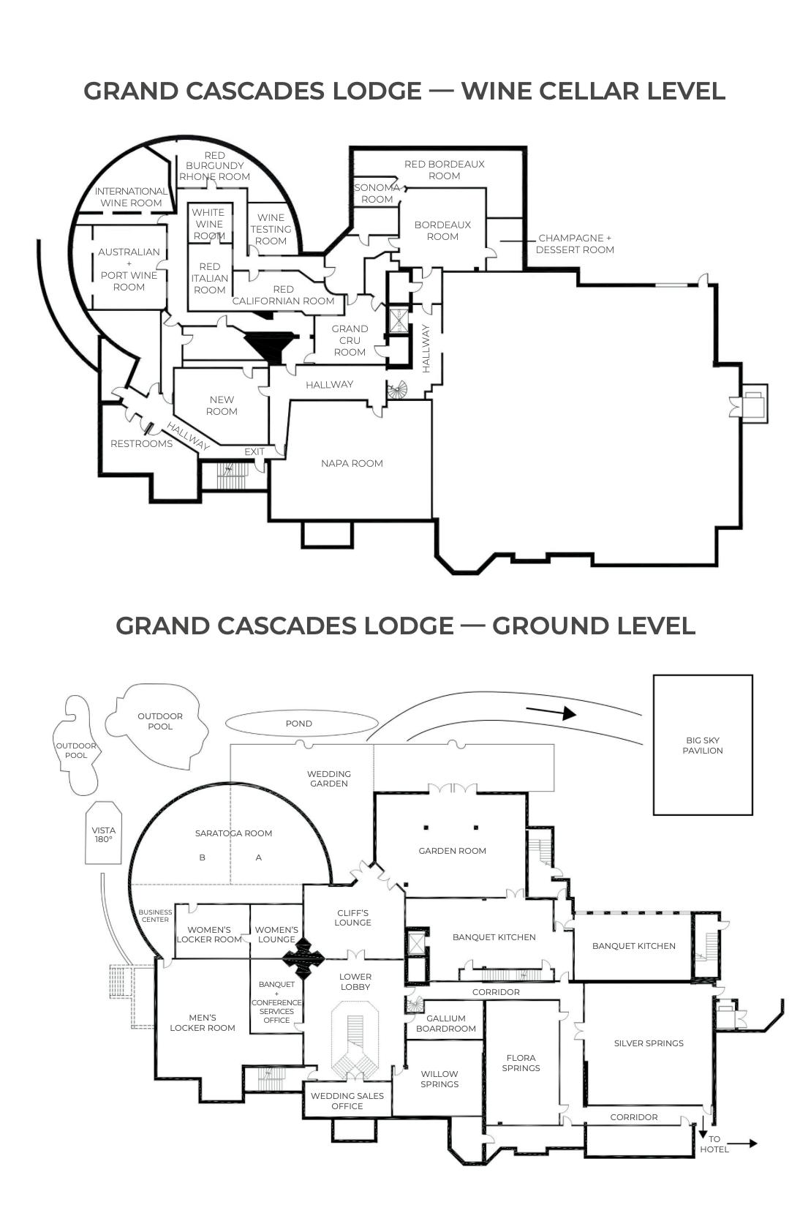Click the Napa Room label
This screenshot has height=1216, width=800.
pyautogui.click(x=352, y=463)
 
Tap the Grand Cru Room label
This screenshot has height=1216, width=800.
pyautogui.click(x=350, y=340)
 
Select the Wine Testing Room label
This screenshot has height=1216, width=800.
pyautogui.click(x=271, y=229)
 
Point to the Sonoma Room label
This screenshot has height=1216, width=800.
pyautogui.click(x=377, y=193)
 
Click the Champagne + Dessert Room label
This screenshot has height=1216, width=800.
pyautogui.click(x=575, y=244)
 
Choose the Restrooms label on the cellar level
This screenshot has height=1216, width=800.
pyautogui.click(x=141, y=443)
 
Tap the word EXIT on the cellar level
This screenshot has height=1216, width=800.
pyautogui.click(x=254, y=451)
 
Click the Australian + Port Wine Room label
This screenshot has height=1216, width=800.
pyautogui.click(x=129, y=269)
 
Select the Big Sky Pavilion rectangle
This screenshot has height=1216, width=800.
pyautogui.click(x=703, y=745)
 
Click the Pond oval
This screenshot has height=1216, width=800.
pyautogui.click(x=299, y=724)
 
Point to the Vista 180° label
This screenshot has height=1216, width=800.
pyautogui.click(x=104, y=835)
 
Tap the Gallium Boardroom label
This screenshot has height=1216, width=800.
pyautogui.click(x=446, y=1024)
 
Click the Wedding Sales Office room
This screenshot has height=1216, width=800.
pyautogui.click(x=347, y=1101)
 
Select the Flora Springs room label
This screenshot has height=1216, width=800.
pyautogui.click(x=521, y=1063)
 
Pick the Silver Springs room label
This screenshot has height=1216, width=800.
pyautogui.click(x=649, y=1043)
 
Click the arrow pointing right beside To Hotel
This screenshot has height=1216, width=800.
pyautogui.click(x=742, y=1144)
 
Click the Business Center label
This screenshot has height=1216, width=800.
pyautogui.click(x=155, y=916)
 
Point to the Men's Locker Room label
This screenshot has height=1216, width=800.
pyautogui.click(x=203, y=1023)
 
